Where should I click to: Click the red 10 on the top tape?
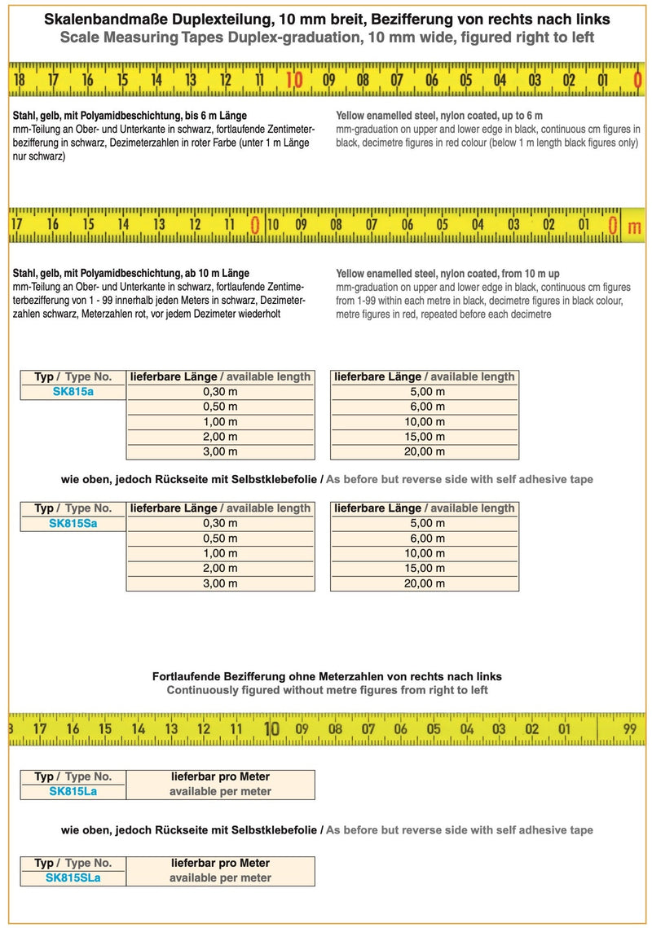[294, 80]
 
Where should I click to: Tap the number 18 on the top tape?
[19, 80]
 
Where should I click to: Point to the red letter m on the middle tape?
[634, 227]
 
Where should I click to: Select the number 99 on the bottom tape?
[629, 728]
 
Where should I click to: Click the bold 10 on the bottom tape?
[272, 728]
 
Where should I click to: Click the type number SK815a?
[73, 392]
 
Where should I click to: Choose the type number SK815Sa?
[73, 523]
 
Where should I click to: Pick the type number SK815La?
[73, 791]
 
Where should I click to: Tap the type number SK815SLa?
[73, 877]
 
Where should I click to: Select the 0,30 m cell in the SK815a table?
[220, 392]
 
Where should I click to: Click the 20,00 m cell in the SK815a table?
[424, 451]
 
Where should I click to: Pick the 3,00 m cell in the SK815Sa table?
[220, 583]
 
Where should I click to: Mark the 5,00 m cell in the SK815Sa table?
[424, 523]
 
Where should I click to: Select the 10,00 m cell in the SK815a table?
[424, 422]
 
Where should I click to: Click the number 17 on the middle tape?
[17, 224]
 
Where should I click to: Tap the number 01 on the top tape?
[604, 80]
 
